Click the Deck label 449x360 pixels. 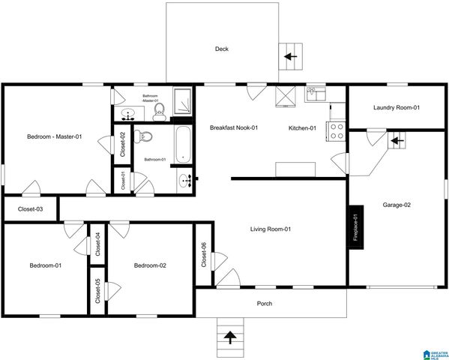(222, 49)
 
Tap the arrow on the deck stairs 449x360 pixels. (289, 55)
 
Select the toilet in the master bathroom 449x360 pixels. (159, 112)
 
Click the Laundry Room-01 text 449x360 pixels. (396, 108)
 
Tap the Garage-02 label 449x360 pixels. (397, 205)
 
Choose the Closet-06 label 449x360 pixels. (204, 255)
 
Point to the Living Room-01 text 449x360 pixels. (270, 229)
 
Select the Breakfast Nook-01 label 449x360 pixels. (233, 128)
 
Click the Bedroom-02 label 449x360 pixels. (150, 265)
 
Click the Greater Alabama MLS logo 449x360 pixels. (434, 352)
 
